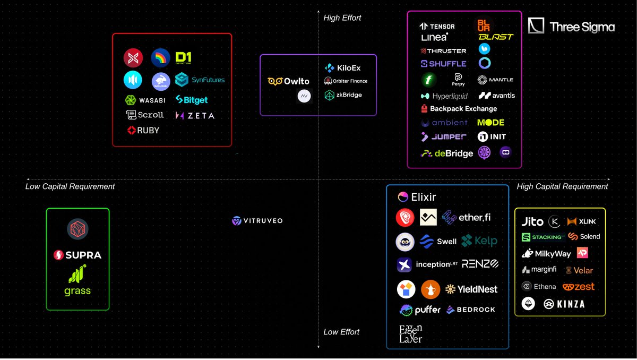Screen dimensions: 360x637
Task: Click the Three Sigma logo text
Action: tap(582, 27)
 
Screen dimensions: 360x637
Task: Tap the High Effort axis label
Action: tap(342, 18)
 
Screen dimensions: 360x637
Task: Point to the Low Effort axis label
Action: tap(341, 332)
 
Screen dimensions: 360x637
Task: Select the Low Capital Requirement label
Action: tap(70, 186)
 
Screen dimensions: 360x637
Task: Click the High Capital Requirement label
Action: tap(562, 186)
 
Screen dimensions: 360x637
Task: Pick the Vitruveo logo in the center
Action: tap(257, 220)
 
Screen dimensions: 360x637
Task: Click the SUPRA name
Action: tap(78, 255)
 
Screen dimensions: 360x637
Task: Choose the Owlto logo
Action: tap(288, 81)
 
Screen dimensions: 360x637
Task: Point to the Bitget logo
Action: tap(192, 100)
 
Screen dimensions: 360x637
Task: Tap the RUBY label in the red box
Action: tap(143, 130)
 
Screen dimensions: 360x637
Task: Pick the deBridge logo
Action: tap(446, 153)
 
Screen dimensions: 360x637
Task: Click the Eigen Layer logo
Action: tap(410, 333)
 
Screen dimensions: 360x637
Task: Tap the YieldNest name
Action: tap(471, 289)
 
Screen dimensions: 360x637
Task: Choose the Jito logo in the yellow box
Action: tap(532, 222)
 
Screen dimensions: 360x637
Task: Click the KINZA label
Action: tap(563, 304)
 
